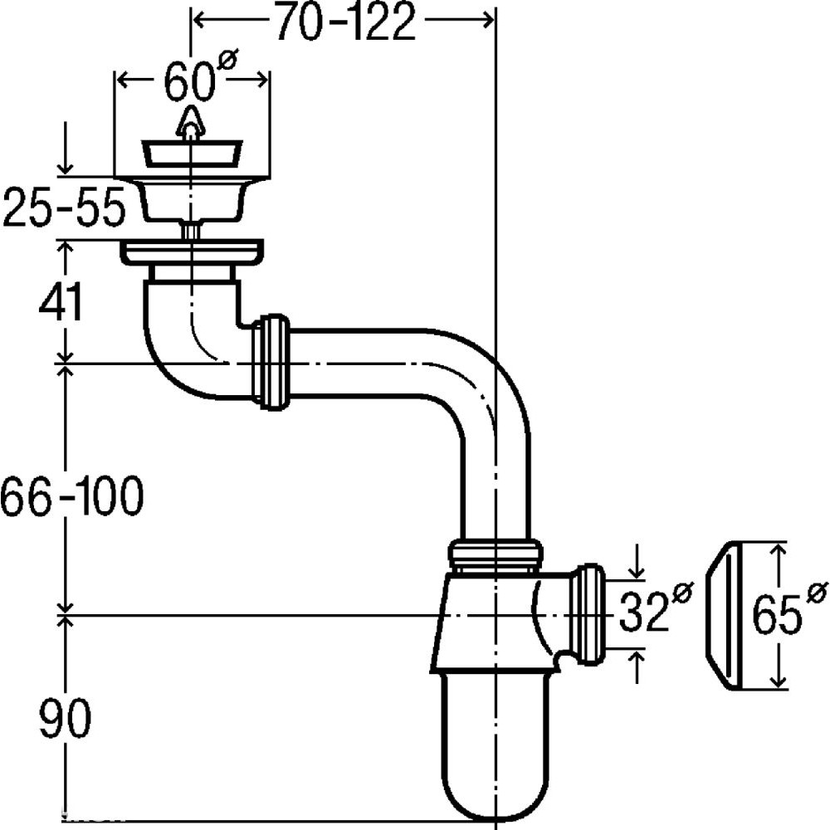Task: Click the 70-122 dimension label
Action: pyautogui.click(x=345, y=22)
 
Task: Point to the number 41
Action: pyautogui.click(x=61, y=302)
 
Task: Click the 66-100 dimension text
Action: pyautogui.click(x=71, y=496)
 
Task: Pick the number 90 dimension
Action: pyautogui.click(x=65, y=717)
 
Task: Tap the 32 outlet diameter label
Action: pyautogui.click(x=656, y=608)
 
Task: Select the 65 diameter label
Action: pyautogui.click(x=788, y=610)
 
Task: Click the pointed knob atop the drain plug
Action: pyautogui.click(x=189, y=124)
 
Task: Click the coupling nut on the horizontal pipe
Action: pyautogui.click(x=271, y=362)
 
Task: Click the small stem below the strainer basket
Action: pyautogui.click(x=191, y=231)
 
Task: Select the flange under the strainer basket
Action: pyautogui.click(x=193, y=253)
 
